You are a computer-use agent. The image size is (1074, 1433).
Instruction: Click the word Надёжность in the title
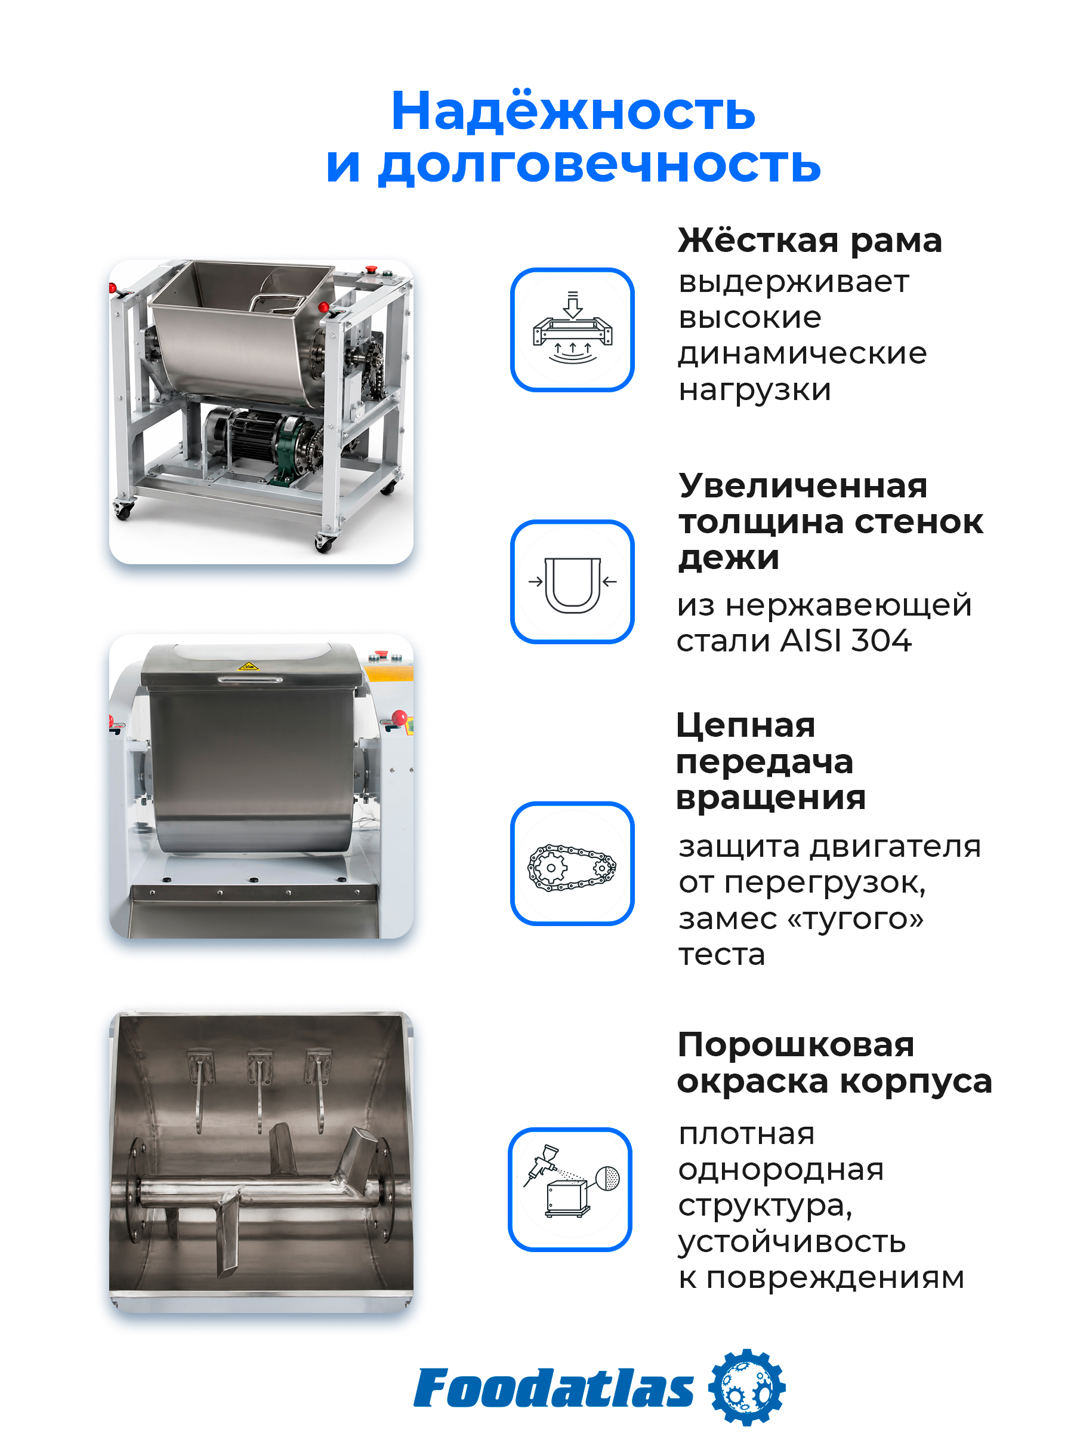[573, 111]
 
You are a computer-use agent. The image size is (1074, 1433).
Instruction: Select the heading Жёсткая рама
[809, 241]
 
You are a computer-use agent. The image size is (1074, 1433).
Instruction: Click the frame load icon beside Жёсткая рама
[572, 330]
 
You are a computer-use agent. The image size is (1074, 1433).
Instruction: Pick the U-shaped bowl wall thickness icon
[572, 582]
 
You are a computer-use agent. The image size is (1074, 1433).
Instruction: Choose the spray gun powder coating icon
[570, 1189]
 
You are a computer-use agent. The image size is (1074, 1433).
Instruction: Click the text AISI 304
[846, 641]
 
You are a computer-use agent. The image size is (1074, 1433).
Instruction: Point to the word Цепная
[745, 725]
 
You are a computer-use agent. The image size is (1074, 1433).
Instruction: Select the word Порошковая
[795, 1045]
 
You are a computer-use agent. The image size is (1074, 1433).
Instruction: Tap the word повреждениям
[835, 1279]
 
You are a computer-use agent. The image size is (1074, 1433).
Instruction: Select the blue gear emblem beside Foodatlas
[746, 1388]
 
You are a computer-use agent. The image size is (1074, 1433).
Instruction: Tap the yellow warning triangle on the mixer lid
[249, 665]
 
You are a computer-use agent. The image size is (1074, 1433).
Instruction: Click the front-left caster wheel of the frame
[123, 511]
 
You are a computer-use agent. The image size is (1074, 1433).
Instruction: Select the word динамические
[802, 353]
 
